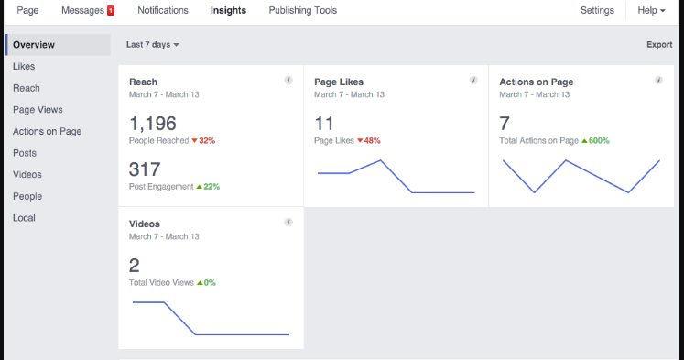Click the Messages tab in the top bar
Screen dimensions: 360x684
click(81, 11)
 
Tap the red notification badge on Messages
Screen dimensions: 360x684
click(111, 11)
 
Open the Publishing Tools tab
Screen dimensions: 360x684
click(302, 11)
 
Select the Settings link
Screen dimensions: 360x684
click(597, 11)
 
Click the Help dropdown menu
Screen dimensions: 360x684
click(651, 11)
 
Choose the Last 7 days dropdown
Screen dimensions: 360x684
click(152, 44)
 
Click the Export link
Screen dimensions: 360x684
click(658, 44)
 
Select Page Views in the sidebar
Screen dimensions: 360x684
click(38, 109)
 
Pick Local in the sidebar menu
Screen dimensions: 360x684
click(25, 218)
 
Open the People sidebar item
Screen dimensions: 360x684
click(27, 196)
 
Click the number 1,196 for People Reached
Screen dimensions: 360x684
click(153, 124)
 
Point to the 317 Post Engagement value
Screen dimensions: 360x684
click(145, 169)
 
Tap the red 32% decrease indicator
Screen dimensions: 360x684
click(203, 140)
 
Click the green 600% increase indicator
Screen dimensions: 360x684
click(595, 140)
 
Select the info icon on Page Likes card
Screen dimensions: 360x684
click(473, 81)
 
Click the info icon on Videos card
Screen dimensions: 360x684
click(288, 223)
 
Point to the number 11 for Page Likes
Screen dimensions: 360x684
click(324, 124)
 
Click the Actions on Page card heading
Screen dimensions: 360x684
click(536, 82)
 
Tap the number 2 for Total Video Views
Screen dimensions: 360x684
click(135, 266)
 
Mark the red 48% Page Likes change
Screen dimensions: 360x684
click(369, 140)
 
